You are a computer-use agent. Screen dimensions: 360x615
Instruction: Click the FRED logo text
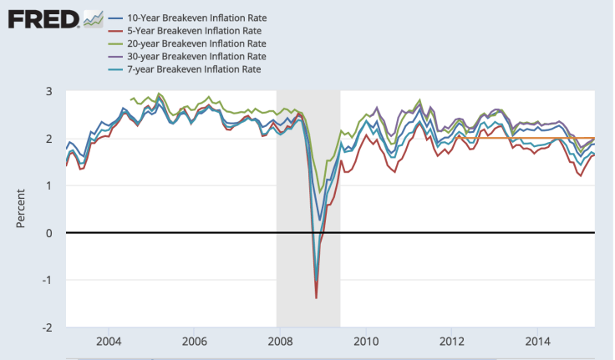[41, 19]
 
